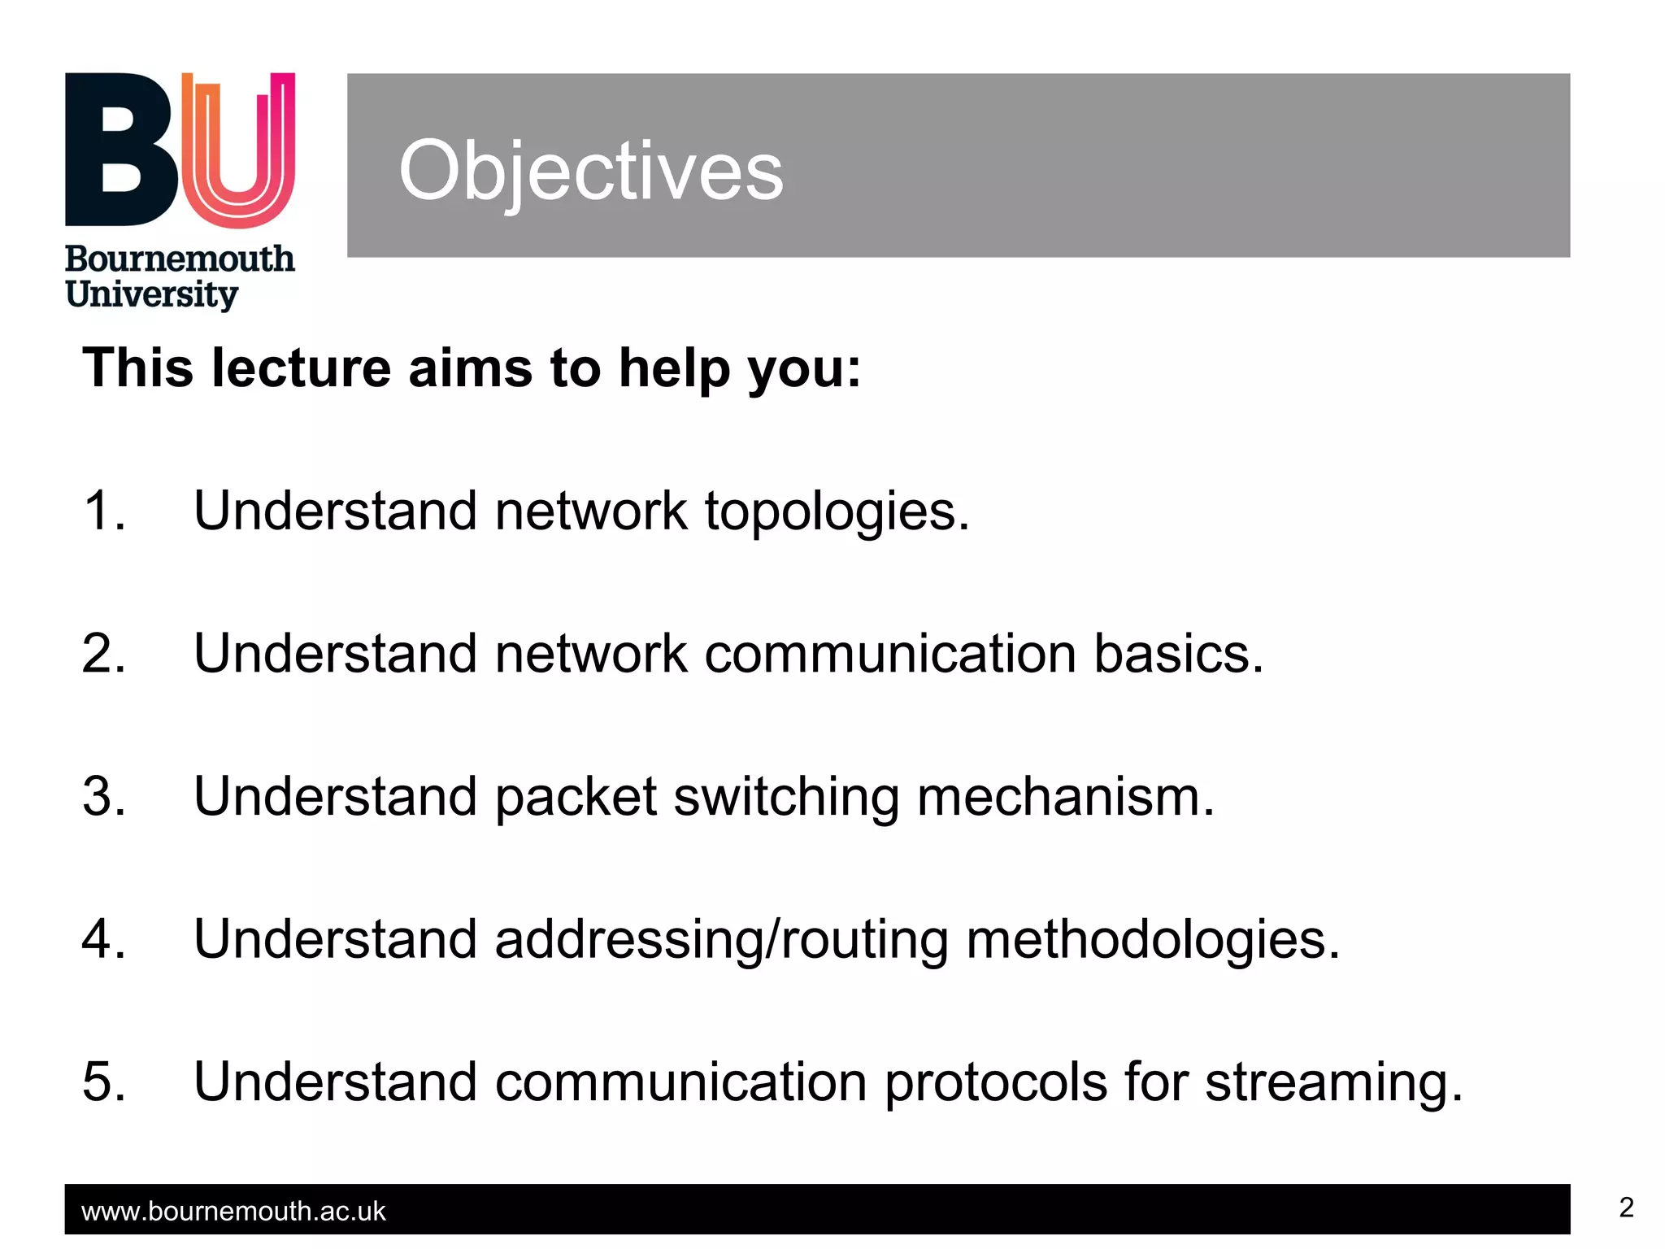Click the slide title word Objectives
pyautogui.click(x=591, y=172)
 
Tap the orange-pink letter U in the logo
pyautogui.click(x=238, y=150)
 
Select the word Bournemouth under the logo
pyautogui.click(x=180, y=259)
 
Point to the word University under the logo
pyautogui.click(x=152, y=295)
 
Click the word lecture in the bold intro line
pyautogui.click(x=301, y=368)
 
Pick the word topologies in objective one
pyautogui.click(x=837, y=512)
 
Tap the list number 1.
pyautogui.click(x=103, y=511)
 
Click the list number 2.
pyautogui.click(x=103, y=654)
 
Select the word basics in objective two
pyautogui.click(x=1178, y=654)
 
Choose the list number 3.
pyautogui.click(x=103, y=796)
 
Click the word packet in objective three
pyautogui.click(x=576, y=798)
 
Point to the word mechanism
pyautogui.click(x=1065, y=797)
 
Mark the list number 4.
pyautogui.click(x=103, y=939)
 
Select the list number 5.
pyautogui.click(x=103, y=1082)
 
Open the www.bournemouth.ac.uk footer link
pyautogui.click(x=233, y=1212)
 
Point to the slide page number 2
pyautogui.click(x=1625, y=1208)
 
